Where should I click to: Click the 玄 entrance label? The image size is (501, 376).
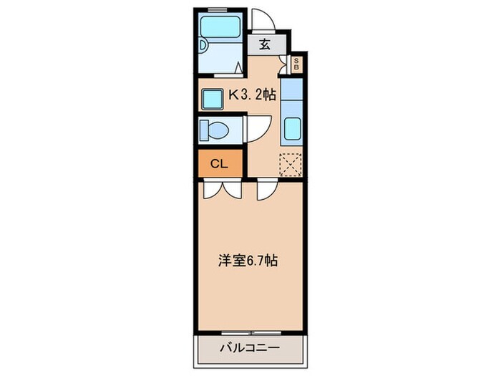(x=265, y=44)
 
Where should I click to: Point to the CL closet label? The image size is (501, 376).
(x=218, y=164)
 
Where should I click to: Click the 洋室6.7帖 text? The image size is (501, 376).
(x=248, y=261)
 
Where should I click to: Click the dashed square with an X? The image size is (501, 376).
(x=291, y=164)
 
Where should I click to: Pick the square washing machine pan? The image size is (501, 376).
(x=213, y=97)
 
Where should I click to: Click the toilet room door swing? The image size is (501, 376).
(x=256, y=129)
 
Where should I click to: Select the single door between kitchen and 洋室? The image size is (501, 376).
(x=267, y=190)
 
